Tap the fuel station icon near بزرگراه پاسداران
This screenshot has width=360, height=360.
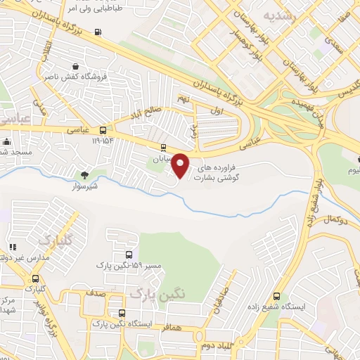tap(96, 32)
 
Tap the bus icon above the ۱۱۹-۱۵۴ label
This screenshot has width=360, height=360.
tap(103, 130)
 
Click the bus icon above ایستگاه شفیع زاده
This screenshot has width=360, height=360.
tap(277, 296)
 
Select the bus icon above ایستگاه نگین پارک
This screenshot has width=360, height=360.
tap(122, 314)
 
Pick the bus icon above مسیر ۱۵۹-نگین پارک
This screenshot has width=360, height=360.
tap(128, 255)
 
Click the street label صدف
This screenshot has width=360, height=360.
tap(96, 291)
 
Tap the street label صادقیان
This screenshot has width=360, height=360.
tap(219, 301)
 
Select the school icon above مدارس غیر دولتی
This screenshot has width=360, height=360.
tap(13, 247)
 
